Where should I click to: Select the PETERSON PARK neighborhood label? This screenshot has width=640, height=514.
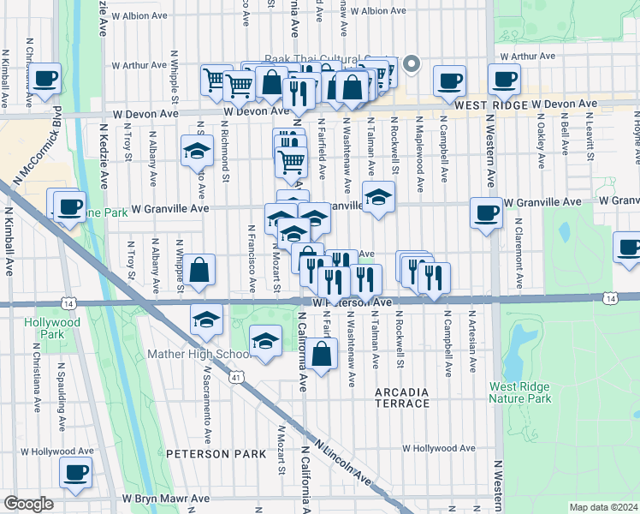point(216,453)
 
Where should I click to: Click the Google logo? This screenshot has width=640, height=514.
point(28,504)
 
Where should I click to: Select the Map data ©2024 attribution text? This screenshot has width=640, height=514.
point(603,507)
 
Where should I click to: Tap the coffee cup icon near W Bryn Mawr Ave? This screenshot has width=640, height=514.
point(75,472)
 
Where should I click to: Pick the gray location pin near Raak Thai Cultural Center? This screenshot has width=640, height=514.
point(412,64)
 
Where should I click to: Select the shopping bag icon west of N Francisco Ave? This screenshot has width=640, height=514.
point(199,271)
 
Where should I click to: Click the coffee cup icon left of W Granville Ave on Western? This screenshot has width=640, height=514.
point(486,212)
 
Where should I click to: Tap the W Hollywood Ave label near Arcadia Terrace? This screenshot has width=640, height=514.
point(438,448)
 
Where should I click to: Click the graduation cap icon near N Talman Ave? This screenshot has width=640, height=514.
point(378,196)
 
